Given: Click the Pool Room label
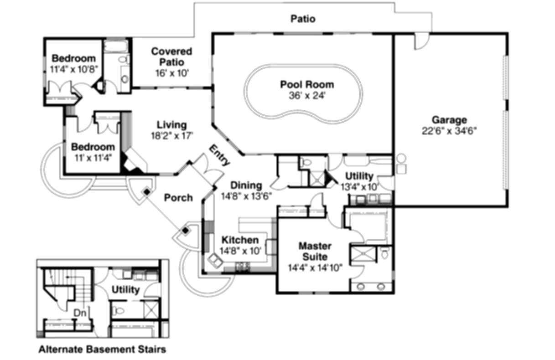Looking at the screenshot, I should coord(307,84).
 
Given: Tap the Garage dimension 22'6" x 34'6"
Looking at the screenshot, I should coord(449,131).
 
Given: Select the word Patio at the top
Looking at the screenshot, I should coord(303,19).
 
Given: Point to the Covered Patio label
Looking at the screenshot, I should coord(171,57).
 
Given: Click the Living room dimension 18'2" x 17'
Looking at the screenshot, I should coord(172,135).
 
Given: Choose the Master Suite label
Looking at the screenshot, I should coord(315,251).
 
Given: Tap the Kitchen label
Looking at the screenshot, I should coord(240,240).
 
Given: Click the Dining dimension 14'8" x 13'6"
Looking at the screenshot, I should coord(246,197).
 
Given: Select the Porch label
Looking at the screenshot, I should coord(178,198).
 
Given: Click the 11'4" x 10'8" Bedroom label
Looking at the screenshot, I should coord(73,58).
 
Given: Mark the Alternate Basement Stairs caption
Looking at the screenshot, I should coord(102,350).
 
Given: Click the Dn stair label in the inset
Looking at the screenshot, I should coord(80,313).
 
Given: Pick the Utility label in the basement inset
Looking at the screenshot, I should coord(125,290).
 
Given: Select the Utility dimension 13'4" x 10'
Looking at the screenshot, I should coord(360,186).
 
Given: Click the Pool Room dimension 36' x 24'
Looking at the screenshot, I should coord(307,96).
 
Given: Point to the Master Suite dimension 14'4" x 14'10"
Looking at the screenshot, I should coord(315,267).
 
